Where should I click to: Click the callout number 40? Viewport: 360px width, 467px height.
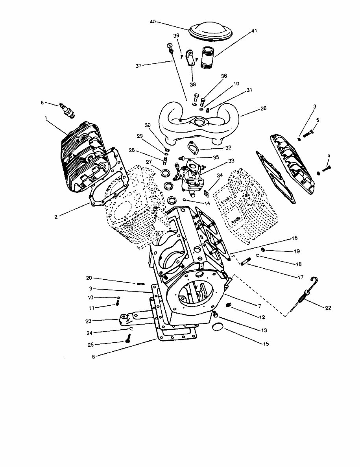point(153,22)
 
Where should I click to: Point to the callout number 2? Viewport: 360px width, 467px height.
point(57,216)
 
